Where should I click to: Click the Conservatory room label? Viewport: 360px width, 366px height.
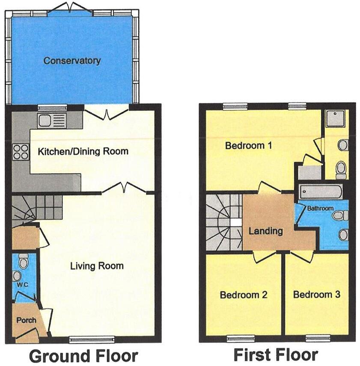(72, 61)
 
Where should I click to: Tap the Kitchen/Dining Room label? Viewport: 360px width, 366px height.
(83, 151)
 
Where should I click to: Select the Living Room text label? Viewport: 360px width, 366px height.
(97, 266)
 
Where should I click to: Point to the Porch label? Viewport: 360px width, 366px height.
(26, 320)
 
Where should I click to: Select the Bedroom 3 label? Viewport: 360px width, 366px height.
(317, 295)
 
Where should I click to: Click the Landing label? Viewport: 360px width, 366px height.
(266, 231)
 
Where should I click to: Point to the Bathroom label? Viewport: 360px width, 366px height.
(320, 208)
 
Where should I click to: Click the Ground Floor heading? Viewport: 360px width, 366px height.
(83, 356)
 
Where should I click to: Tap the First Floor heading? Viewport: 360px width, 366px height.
(276, 355)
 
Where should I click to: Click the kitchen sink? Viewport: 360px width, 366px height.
(51, 121)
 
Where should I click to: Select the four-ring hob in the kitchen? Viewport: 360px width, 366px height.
(21, 151)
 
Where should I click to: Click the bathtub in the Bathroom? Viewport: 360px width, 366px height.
(320, 192)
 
